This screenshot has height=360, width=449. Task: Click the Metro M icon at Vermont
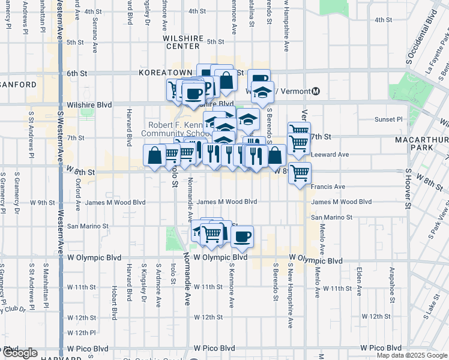pos(316,91)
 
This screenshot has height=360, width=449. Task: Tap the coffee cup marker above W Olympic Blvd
pos(242,236)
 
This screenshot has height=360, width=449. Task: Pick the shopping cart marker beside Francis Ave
pos(300,173)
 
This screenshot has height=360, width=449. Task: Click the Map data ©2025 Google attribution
pos(412,355)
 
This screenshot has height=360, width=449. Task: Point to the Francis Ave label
pos(328,187)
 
